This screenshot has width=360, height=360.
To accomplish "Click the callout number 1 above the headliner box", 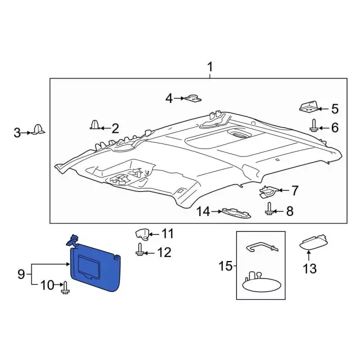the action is (x=210, y=67).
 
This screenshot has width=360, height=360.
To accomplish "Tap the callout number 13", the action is (x=310, y=268).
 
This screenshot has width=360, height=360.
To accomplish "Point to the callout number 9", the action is (x=21, y=274).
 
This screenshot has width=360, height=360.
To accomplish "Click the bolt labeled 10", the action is (x=65, y=287).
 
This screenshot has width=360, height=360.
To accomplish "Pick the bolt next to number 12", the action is (x=140, y=250).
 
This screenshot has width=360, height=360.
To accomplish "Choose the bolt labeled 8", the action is (x=269, y=209).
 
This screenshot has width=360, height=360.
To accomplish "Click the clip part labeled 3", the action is (x=39, y=129).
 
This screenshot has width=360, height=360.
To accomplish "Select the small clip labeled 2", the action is (x=95, y=125).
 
